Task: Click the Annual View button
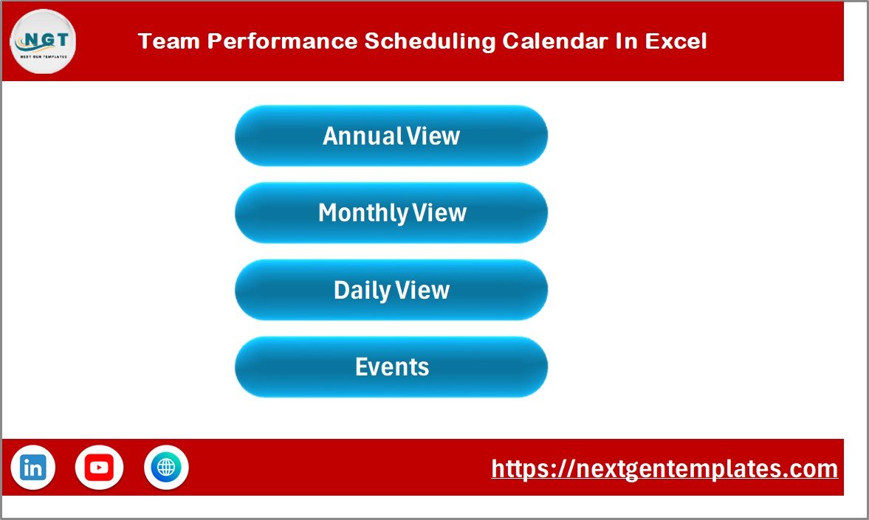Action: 391,136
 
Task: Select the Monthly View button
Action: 391,213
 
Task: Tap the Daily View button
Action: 391,290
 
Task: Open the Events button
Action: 391,367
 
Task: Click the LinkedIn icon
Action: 32,468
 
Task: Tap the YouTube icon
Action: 99,468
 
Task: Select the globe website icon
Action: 166,468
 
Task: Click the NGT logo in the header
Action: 42,41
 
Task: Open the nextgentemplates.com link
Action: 664,468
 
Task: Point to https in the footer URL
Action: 517,468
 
